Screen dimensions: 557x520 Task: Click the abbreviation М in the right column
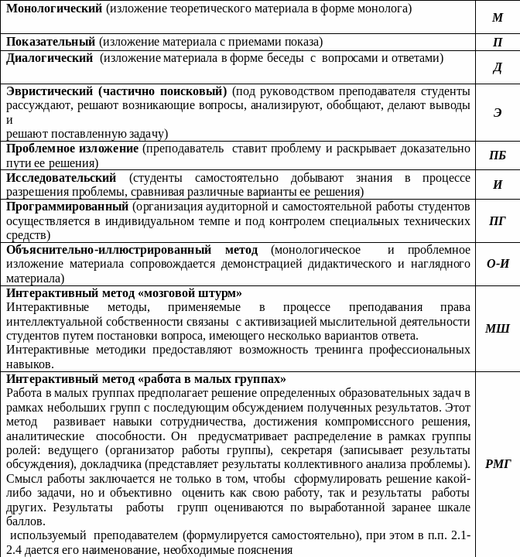pos(498,17)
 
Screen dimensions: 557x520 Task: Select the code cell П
pos(498,43)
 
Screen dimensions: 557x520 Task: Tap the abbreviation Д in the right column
pos(498,68)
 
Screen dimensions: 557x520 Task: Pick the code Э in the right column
pos(498,113)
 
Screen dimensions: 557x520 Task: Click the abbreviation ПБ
pos(498,155)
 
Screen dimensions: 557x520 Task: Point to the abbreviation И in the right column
pos(498,185)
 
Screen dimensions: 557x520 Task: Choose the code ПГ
pos(498,220)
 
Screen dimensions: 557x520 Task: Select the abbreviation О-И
pos(498,263)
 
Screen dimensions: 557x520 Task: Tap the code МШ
pos(498,329)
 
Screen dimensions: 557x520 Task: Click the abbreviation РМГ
pos(498,464)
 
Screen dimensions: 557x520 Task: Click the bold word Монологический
pos(54,9)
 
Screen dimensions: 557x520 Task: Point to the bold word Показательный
pos(51,42)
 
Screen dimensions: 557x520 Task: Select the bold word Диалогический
pos(50,58)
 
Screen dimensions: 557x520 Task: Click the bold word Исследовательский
pos(61,178)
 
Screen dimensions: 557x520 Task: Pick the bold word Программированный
pos(67,207)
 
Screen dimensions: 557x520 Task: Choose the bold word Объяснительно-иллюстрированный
pos(108,250)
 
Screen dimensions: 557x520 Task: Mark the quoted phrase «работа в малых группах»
pos(213,379)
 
